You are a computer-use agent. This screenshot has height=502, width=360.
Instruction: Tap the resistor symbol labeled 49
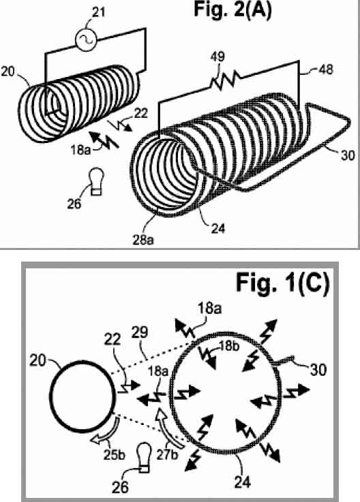pyautogui.click(x=222, y=80)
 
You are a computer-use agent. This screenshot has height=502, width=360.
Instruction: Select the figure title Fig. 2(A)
pyautogui.click(x=232, y=9)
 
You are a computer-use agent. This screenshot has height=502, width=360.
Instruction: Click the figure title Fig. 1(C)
pyautogui.click(x=283, y=283)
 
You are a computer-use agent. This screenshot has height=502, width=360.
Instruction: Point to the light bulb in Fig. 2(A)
pyautogui.click(x=96, y=182)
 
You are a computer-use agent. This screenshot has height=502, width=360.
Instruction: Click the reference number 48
pyautogui.click(x=326, y=69)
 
